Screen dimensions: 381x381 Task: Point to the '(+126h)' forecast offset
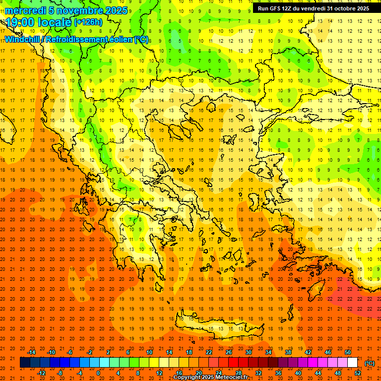(x=88, y=22)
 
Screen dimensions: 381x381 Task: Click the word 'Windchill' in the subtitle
(x=22, y=39)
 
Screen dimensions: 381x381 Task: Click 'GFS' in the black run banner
(x=280, y=8)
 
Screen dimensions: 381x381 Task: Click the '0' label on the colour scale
(x=98, y=373)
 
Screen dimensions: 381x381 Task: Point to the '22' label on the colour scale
(x=209, y=352)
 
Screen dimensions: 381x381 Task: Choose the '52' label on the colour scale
(x=358, y=373)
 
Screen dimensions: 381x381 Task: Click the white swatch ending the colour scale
(x=353, y=363)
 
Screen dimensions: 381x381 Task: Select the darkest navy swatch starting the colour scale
(x=25, y=363)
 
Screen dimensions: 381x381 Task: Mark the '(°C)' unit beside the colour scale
(x=370, y=363)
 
